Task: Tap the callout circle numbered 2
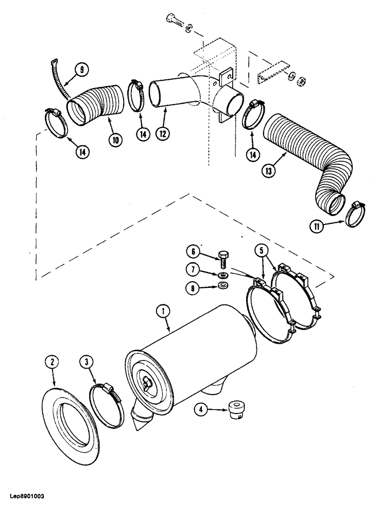[x=53, y=363]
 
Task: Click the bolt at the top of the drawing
[x=174, y=20]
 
